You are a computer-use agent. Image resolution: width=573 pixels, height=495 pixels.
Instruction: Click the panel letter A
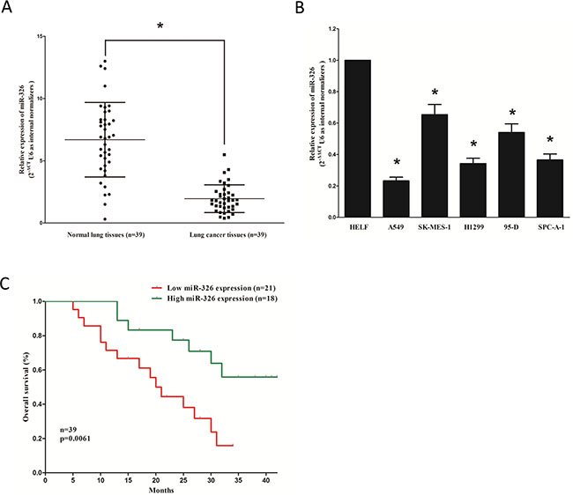click(x=10, y=10)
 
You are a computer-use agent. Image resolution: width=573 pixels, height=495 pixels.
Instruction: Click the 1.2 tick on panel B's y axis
click(x=333, y=29)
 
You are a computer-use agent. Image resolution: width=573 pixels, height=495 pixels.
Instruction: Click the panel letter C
click(x=8, y=284)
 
